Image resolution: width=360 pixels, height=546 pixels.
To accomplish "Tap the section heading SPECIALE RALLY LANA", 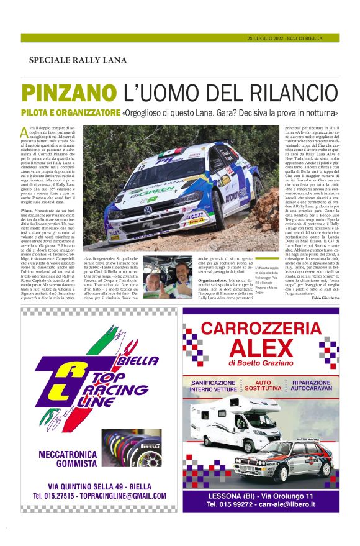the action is coord(78,60).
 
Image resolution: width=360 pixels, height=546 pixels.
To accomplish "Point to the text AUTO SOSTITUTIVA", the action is coord(272,386).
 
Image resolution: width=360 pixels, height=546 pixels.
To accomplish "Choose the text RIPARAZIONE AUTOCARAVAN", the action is coord(314,386).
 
